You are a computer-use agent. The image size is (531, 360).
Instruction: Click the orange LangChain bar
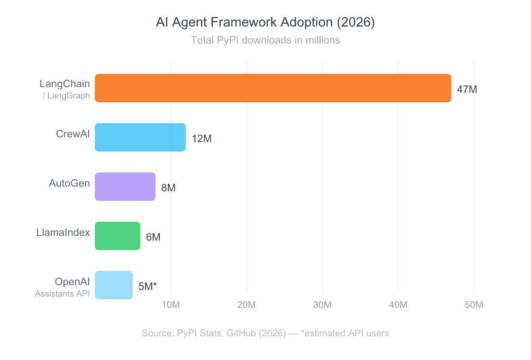pyautogui.click(x=273, y=88)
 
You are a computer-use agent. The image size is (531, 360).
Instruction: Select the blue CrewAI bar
pyautogui.click(x=140, y=137)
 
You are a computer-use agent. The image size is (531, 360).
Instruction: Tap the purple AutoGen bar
pyautogui.click(x=125, y=187)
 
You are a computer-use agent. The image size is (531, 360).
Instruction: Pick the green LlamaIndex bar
pyautogui.click(x=118, y=236)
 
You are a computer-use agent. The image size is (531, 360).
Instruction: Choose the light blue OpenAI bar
pyautogui.click(x=114, y=285)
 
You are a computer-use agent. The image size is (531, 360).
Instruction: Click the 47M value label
pyautogui.click(x=467, y=89)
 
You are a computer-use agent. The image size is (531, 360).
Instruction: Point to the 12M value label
pyautogui.click(x=201, y=139)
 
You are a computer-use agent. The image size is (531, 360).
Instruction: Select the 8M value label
pyautogui.click(x=168, y=188)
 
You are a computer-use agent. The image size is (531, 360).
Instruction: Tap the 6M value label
pyautogui.click(x=153, y=237)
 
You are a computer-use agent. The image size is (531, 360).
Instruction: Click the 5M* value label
pyautogui.click(x=147, y=286)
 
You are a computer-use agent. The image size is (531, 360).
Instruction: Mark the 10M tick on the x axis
pyautogui.click(x=171, y=305)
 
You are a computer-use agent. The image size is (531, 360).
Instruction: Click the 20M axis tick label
pyautogui.click(x=247, y=305)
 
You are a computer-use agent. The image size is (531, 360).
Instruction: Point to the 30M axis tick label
pyautogui.click(x=322, y=305)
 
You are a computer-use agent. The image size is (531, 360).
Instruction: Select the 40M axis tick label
pyautogui.click(x=398, y=305)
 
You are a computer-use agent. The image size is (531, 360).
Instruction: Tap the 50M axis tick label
pyautogui.click(x=474, y=305)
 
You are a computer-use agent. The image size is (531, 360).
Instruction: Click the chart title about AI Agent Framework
pyautogui.click(x=265, y=23)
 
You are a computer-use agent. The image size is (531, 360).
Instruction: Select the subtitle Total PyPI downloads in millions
pyautogui.click(x=265, y=40)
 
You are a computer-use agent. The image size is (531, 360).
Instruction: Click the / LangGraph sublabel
pyautogui.click(x=66, y=96)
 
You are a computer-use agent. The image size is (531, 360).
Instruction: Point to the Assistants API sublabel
pyautogui.click(x=62, y=294)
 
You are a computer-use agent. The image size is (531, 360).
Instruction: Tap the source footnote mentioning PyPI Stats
pyautogui.click(x=265, y=333)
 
